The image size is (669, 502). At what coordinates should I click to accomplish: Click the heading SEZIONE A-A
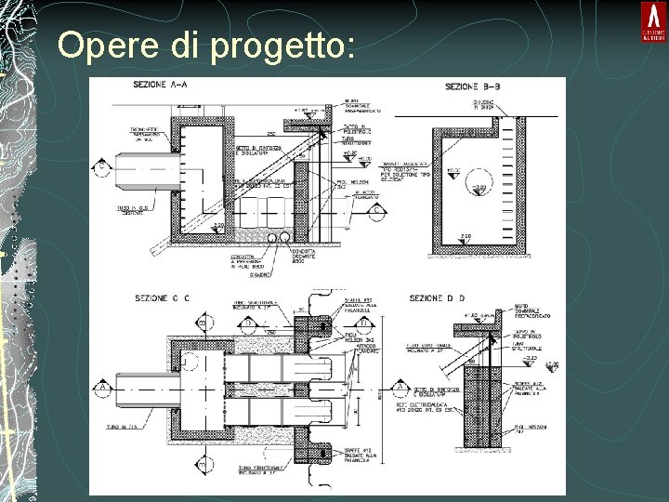click(x=161, y=86)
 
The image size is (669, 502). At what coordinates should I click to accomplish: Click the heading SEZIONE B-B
click(x=473, y=86)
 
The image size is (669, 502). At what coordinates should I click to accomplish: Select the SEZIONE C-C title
click(x=163, y=297)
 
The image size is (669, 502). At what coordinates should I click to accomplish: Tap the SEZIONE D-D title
click(x=437, y=297)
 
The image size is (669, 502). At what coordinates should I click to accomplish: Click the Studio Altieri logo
click(x=652, y=20)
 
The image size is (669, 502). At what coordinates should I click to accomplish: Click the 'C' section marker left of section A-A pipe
click(x=99, y=167)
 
